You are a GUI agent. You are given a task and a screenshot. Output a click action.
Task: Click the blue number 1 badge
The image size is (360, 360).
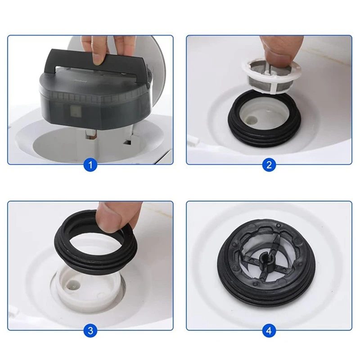coord(90,165)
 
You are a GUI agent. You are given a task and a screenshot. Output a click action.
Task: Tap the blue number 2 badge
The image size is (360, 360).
coord(269,165)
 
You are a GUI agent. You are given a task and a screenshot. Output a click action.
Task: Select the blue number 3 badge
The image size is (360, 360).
coord(90,331)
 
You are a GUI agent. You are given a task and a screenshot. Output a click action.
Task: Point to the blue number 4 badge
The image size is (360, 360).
coord(269,331)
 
